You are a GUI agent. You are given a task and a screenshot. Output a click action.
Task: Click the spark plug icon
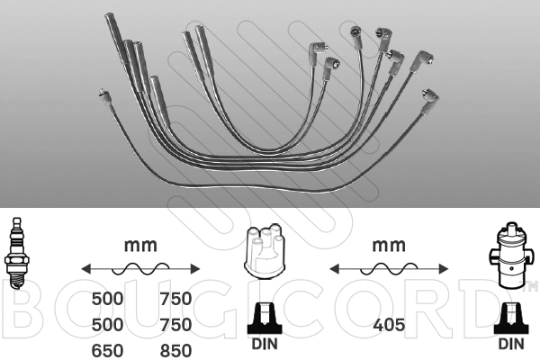click(x=15, y=253)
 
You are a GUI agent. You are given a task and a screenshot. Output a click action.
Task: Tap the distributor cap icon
click(x=265, y=251)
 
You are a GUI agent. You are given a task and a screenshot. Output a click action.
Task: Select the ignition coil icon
click(x=510, y=256)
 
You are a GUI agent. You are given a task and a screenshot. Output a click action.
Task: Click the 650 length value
click(x=107, y=351)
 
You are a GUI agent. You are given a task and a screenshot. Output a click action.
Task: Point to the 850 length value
click(x=175, y=351)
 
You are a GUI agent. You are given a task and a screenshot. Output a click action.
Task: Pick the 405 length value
click(x=389, y=325)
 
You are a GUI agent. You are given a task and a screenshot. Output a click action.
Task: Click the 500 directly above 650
click(x=107, y=325)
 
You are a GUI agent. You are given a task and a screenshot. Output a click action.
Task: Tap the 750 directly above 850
click(x=175, y=325)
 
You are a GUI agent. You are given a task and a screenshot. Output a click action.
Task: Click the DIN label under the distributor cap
click(x=265, y=344)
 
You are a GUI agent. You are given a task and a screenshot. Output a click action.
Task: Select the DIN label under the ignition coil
click(x=511, y=344)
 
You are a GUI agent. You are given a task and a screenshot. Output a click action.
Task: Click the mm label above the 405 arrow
click(x=389, y=246)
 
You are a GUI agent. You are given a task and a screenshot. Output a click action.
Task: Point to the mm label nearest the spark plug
click(x=140, y=246)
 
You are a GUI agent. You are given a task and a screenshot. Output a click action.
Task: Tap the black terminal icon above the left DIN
click(x=265, y=319)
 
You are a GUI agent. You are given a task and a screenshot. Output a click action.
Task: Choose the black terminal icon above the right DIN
click(x=511, y=319)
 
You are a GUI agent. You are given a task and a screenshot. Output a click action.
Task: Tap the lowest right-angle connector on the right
click(x=429, y=101)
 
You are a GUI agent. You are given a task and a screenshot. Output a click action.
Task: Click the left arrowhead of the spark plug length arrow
click(x=86, y=269)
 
